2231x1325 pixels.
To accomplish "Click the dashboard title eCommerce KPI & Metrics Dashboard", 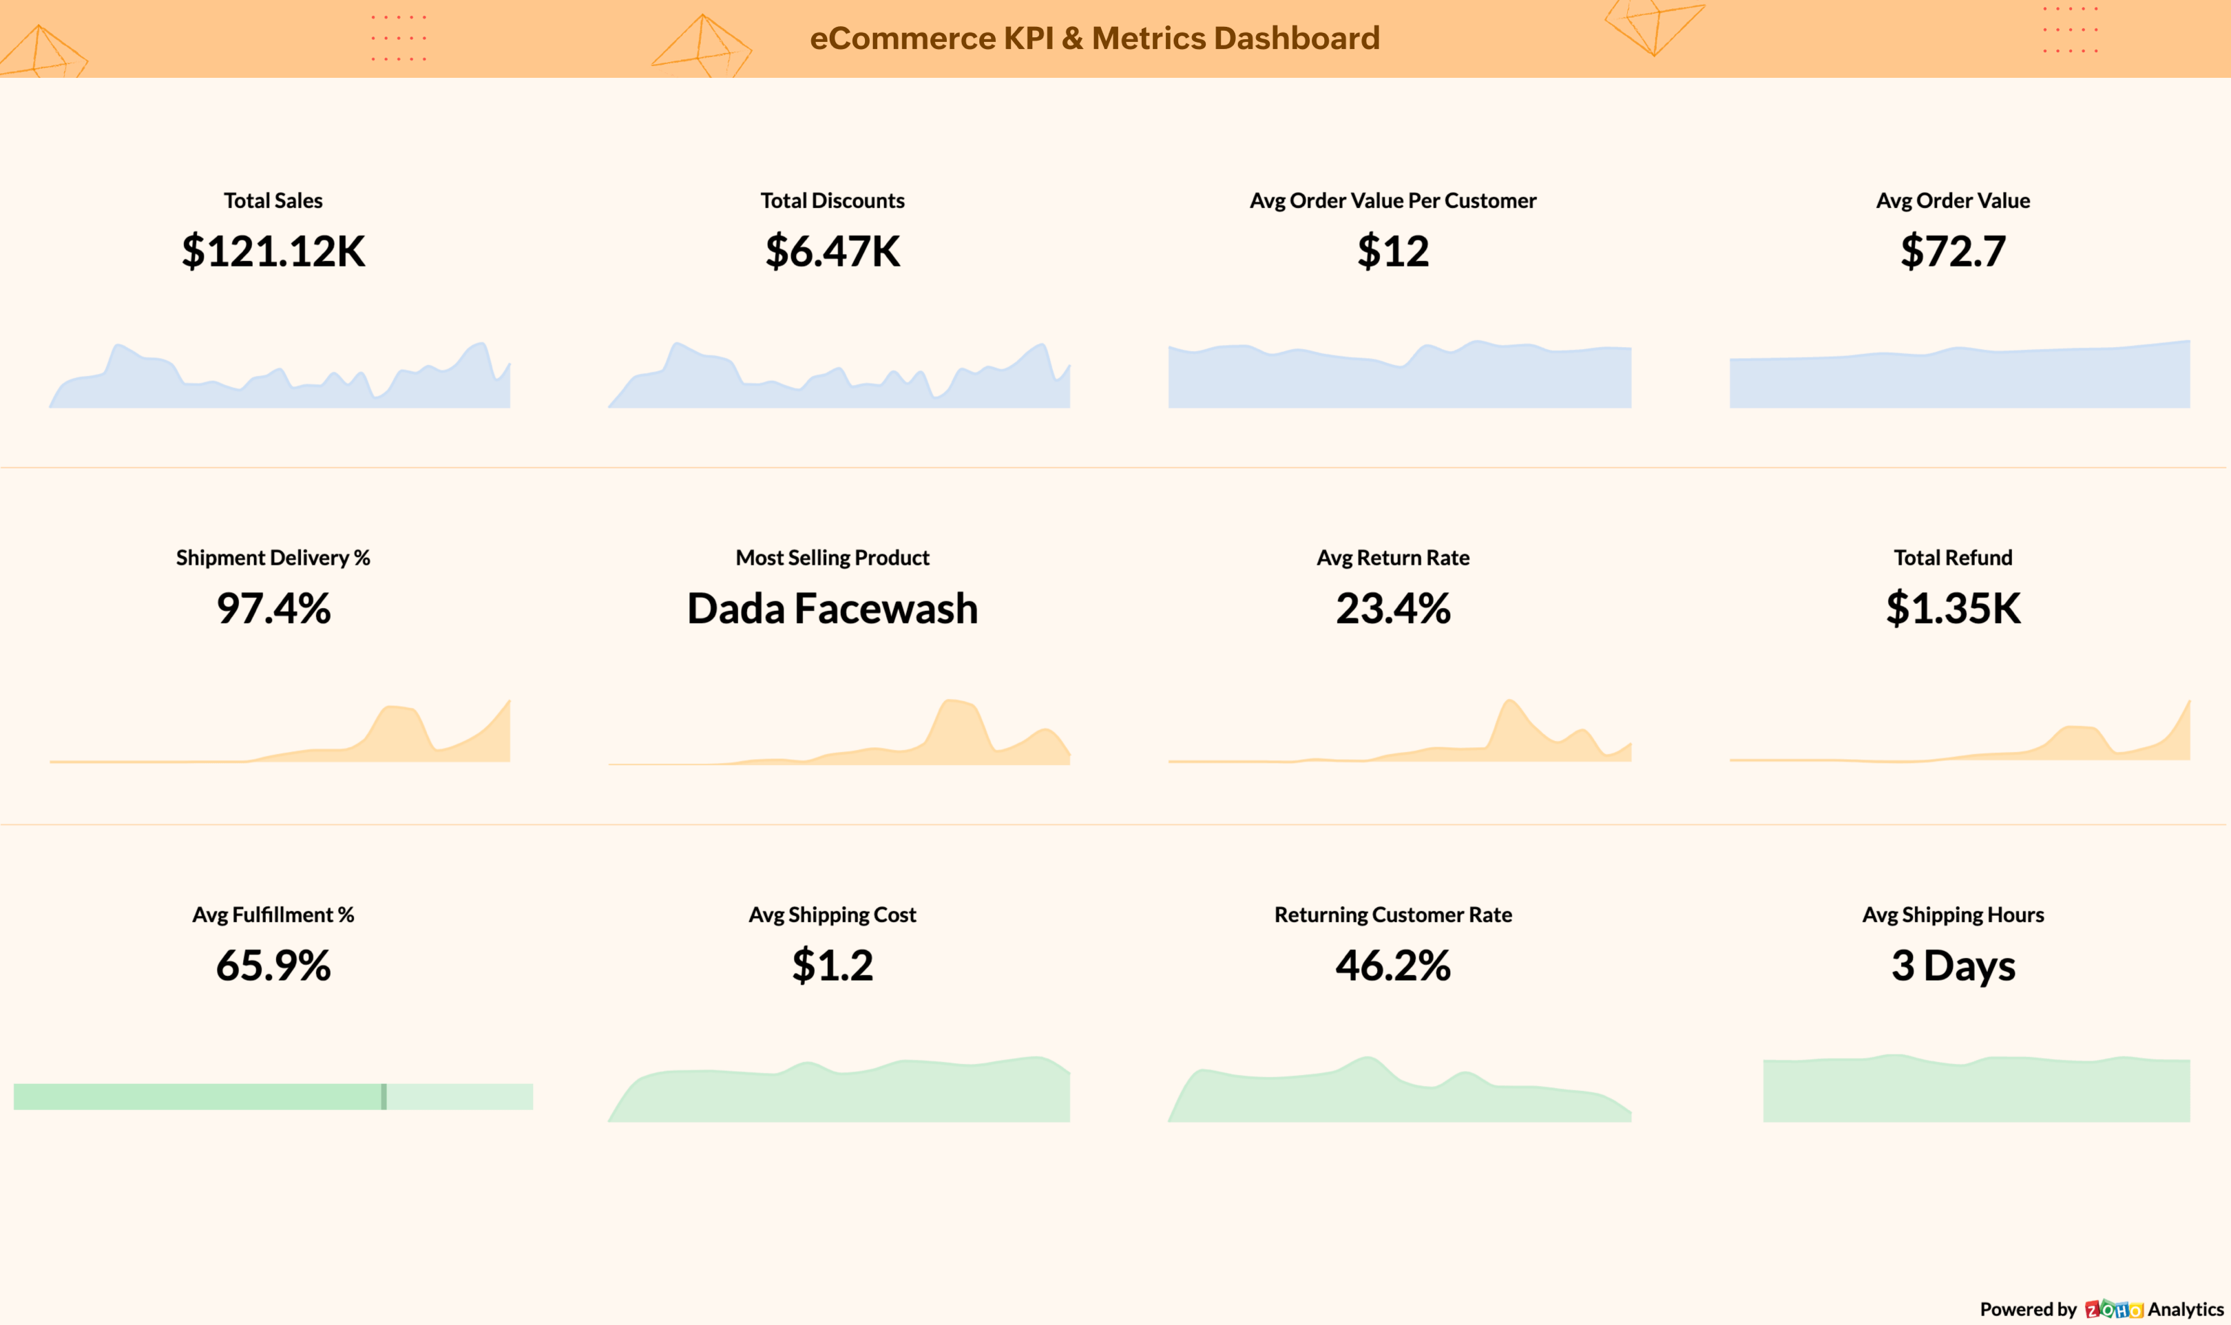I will pyautogui.click(x=1095, y=39).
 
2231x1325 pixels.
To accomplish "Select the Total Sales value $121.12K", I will pyautogui.click(x=273, y=251).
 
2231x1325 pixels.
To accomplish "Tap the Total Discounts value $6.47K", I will pyautogui.click(x=832, y=251).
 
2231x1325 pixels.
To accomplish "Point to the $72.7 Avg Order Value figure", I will pyautogui.click(x=1952, y=251).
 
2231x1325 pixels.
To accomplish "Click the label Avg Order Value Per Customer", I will pyautogui.click(x=1393, y=201).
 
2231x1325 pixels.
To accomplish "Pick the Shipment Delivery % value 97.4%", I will pyautogui.click(x=273, y=608).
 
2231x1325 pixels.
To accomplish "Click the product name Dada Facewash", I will pyautogui.click(x=832, y=608).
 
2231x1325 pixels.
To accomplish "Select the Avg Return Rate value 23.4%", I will pyautogui.click(x=1393, y=608).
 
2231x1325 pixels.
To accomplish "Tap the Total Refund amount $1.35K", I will pyautogui.click(x=1952, y=608).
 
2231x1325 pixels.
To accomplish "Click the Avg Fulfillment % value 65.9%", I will pyautogui.click(x=273, y=966).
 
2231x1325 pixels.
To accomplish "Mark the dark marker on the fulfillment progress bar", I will pyautogui.click(x=384, y=1096).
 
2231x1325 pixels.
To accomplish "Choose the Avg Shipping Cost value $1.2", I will pyautogui.click(x=832, y=966).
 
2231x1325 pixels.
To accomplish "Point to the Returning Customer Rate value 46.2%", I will pyautogui.click(x=1393, y=966).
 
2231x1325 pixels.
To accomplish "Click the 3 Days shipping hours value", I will pyautogui.click(x=1952, y=966).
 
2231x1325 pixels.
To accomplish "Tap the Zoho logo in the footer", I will pyautogui.click(x=2113, y=1309).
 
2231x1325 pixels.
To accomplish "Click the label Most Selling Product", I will pyautogui.click(x=832, y=558).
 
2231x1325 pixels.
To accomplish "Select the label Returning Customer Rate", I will pyautogui.click(x=1393, y=915).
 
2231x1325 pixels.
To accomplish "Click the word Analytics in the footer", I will pyautogui.click(x=2185, y=1309).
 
